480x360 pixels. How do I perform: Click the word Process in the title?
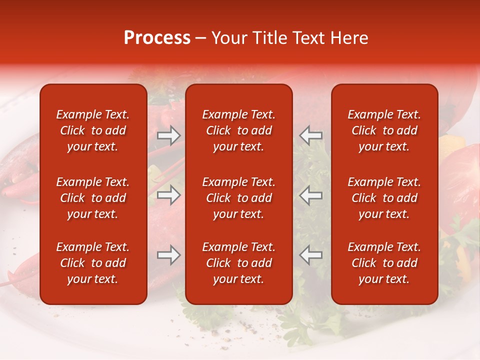157,38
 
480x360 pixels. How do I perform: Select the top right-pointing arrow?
169,135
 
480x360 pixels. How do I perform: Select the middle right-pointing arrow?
169,195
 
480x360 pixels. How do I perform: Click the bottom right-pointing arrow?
169,255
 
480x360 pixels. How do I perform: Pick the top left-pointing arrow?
310,135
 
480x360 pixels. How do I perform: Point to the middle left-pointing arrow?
310,195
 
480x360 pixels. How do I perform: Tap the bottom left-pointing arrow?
310,255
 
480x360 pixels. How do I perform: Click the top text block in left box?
93,130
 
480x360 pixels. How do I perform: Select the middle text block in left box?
93,198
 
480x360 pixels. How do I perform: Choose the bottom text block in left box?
93,263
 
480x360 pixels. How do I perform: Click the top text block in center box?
238,130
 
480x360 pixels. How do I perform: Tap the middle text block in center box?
238,198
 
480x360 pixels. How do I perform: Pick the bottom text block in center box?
238,263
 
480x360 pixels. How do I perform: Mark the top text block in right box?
384,130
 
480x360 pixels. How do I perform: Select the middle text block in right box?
384,198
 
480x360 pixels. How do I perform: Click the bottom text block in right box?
384,263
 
